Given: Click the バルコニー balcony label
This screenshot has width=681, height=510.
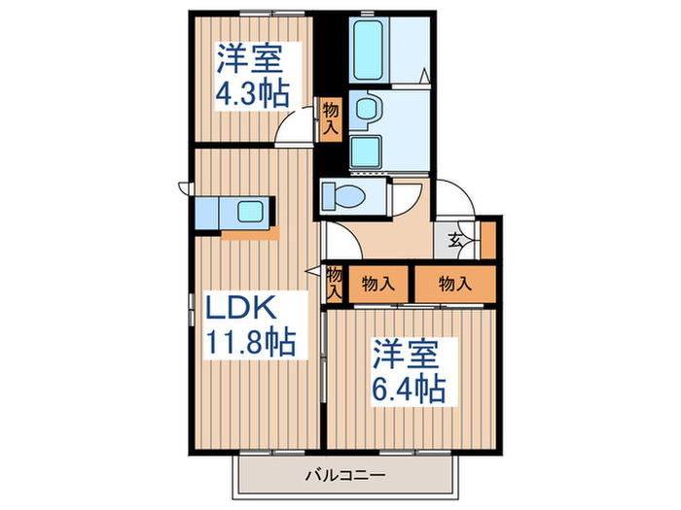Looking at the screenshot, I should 345,476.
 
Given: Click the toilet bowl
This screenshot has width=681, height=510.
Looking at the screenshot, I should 342,195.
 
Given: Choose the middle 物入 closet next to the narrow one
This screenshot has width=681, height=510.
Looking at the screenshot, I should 378,284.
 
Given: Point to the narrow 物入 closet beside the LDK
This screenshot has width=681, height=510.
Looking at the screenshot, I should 334,283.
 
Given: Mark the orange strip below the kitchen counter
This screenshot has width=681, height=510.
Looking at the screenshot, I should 250,233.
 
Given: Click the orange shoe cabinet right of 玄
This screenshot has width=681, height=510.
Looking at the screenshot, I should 488,241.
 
